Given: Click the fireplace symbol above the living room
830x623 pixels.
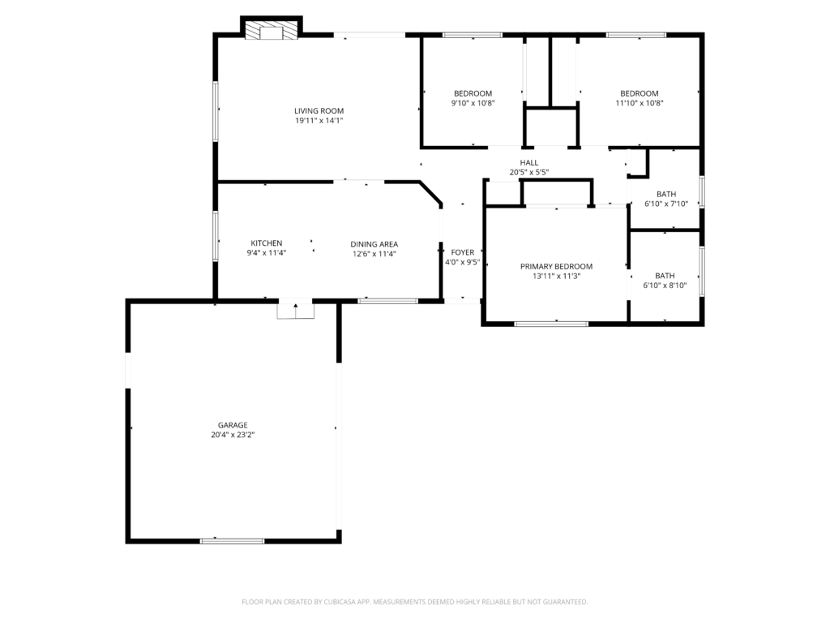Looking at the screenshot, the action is coord(272,30).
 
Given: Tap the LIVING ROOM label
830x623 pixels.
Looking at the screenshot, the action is coord(319,110).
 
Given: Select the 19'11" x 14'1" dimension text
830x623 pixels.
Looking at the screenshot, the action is coord(319,121).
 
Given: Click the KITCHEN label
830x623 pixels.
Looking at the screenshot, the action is coord(266,243).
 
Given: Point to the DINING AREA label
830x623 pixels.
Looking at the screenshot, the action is coord(374,244).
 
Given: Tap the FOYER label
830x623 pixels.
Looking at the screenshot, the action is coord(463,253).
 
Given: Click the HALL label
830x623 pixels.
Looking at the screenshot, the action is coord(528,162).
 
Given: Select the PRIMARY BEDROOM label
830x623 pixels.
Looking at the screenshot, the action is coord(556,266).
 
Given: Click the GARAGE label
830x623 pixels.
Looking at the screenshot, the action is coord(233,425).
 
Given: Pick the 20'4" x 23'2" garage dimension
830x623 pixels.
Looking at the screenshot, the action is coord(233,435).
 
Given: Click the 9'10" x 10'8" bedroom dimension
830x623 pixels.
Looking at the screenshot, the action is coord(473,103).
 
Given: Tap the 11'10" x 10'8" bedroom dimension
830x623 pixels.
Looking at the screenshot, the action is coord(640,103).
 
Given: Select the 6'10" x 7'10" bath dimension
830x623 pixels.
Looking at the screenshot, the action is coord(666,204).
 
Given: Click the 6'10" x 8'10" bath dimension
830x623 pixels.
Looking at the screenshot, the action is coord(665,286).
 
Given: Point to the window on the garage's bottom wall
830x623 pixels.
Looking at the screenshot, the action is coord(232,541).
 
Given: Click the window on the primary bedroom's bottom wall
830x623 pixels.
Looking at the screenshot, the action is coord(551,324).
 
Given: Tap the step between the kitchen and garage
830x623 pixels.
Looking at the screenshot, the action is coord(296,311).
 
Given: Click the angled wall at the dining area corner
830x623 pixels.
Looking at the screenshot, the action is coord(430,193).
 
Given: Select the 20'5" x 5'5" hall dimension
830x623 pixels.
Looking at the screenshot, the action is coord(528,172).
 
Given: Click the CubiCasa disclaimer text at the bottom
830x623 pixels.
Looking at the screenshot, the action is coord(414,602).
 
